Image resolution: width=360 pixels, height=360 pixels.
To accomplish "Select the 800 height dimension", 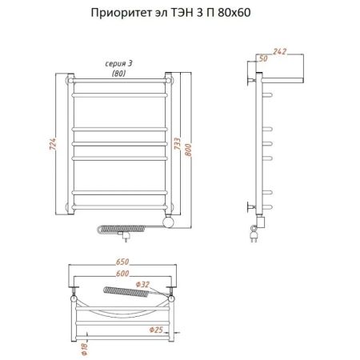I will (x=192, y=145).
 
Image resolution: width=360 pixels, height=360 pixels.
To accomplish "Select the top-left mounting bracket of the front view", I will (x=70, y=80).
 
